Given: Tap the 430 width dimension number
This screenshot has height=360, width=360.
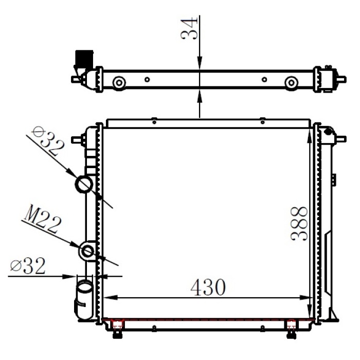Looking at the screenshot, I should coord(208,287).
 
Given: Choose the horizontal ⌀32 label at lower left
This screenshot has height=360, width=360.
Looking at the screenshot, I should coord(28,265).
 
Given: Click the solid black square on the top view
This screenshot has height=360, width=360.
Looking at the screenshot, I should coord(84,58).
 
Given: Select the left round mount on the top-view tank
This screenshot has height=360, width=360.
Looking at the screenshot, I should coord(119,82).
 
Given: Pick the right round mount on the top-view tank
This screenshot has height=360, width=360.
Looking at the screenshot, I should coord(292,82).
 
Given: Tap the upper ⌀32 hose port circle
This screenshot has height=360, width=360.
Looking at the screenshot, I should coord(84,184).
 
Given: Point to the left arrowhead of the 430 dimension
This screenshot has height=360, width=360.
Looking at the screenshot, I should coord(108,298).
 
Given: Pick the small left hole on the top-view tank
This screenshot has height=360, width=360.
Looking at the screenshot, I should coord(147,80).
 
